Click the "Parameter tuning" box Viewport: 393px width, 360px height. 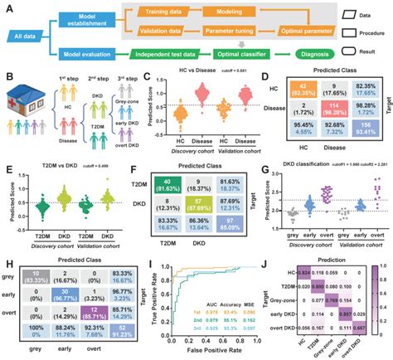(x=236, y=34)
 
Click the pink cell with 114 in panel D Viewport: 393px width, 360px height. (x=336, y=119)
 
